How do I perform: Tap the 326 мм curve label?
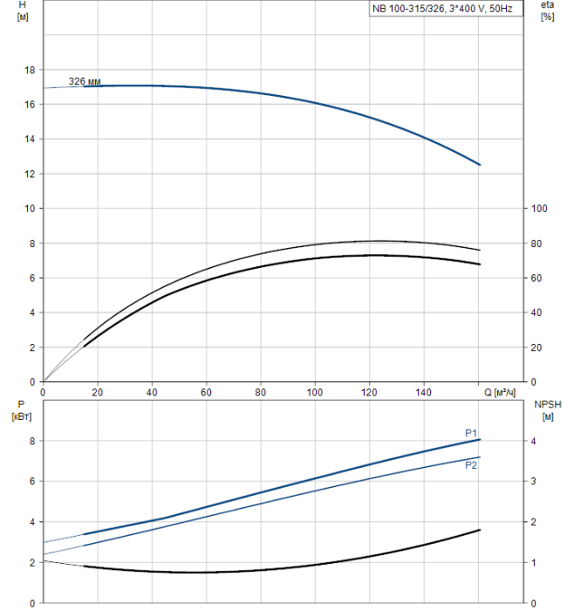tap(85, 81)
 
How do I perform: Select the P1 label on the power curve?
tap(470, 433)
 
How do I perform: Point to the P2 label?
tap(470, 465)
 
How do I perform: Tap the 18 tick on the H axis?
tap(30, 70)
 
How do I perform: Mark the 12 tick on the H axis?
tap(30, 174)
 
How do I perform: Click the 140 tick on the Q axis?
tap(424, 392)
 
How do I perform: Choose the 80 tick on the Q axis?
tap(261, 392)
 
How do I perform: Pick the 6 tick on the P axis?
tap(32, 481)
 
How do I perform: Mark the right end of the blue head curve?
tap(480, 165)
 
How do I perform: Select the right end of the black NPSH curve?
tap(480, 530)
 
